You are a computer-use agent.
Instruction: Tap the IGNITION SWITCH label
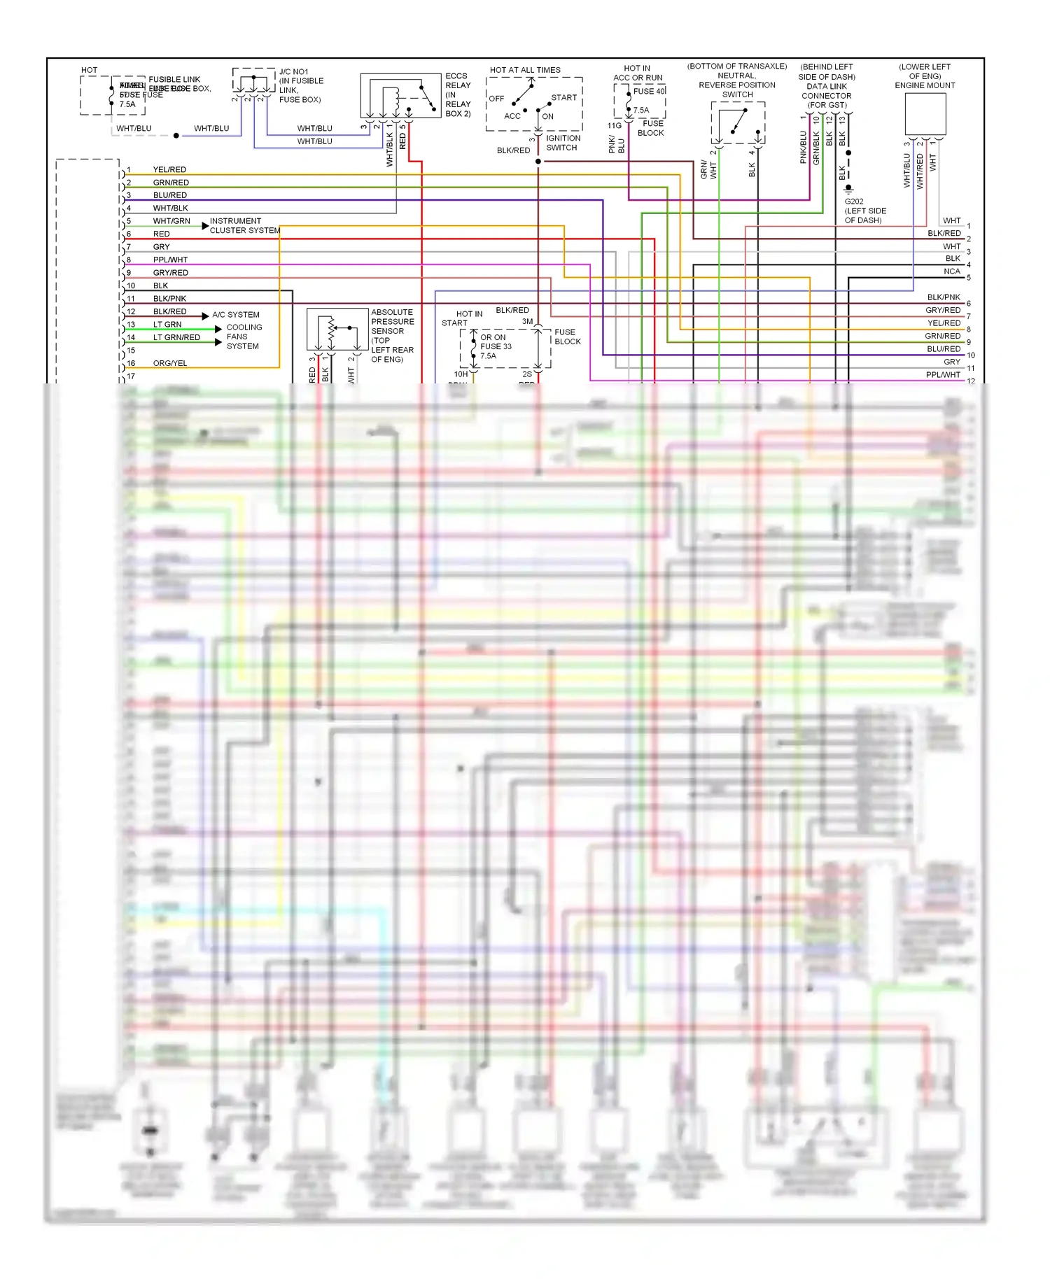(x=562, y=143)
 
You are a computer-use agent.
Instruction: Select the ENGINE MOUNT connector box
(x=925, y=114)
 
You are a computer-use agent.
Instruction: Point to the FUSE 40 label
(x=649, y=92)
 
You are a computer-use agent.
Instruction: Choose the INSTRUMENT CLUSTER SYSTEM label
(x=244, y=225)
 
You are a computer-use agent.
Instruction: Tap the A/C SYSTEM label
(x=236, y=315)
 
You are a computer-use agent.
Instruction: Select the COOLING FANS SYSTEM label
(x=244, y=337)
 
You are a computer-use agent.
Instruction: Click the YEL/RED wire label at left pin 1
(x=169, y=170)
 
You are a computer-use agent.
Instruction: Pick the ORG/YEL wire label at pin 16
(x=170, y=364)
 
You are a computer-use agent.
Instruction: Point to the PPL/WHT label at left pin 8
(x=170, y=260)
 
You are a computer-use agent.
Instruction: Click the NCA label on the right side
(x=951, y=271)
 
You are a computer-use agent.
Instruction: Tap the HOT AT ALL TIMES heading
(x=525, y=70)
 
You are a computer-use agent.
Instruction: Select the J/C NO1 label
(x=293, y=72)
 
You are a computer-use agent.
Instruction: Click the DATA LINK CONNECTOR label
(x=826, y=92)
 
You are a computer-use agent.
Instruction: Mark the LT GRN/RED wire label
(x=176, y=338)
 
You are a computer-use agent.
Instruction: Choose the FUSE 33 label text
(x=496, y=346)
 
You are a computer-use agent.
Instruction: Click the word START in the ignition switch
(x=563, y=98)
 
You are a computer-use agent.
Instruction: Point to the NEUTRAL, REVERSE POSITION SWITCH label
(x=736, y=85)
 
